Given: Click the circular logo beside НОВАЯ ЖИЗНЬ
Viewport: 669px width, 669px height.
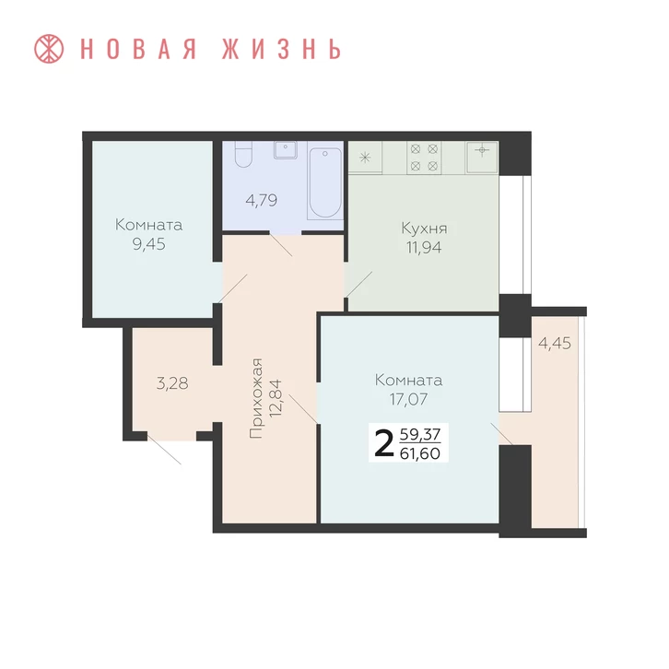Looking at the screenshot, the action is (49, 49).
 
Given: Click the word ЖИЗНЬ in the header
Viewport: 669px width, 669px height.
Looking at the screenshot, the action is (282, 49).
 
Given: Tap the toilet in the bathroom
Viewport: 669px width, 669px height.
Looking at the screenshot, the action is (243, 154).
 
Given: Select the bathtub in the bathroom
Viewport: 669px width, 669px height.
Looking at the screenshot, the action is (325, 182).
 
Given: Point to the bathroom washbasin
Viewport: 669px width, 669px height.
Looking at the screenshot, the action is (286, 150).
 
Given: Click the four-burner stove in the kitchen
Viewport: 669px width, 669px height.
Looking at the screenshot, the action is (424, 158).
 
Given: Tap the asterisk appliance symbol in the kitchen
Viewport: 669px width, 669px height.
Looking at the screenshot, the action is (365, 158).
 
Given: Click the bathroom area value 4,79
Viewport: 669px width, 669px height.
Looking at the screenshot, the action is (262, 200).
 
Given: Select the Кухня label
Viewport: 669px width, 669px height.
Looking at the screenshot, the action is (425, 229).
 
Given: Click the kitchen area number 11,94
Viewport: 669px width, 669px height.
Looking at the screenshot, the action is (424, 248).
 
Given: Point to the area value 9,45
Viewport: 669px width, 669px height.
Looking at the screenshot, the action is (149, 244).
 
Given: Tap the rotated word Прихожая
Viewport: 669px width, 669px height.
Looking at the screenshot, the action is (256, 398).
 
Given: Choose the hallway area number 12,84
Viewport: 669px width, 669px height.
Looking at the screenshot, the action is (276, 398).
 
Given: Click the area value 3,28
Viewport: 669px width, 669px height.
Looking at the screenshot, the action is (172, 383).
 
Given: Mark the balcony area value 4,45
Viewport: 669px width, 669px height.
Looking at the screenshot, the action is (555, 343).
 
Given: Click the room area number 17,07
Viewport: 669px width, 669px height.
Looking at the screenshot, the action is (409, 399).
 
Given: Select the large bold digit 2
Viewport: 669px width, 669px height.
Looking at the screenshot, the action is (383, 443).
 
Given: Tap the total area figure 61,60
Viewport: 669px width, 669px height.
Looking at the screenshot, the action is (420, 453).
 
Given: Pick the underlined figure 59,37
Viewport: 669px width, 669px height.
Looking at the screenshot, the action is (420, 434).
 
